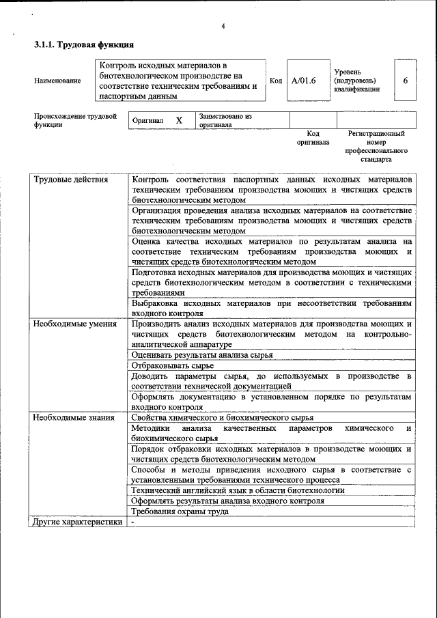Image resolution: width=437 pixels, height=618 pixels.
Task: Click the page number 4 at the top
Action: pos(223,27)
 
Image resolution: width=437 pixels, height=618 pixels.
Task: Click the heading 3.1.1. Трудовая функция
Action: pos(84,46)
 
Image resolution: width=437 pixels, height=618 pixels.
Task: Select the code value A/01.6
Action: pos(304,81)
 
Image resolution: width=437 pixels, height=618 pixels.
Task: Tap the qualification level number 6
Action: pos(405,81)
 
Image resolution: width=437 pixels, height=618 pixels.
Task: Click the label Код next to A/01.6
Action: pos(276,81)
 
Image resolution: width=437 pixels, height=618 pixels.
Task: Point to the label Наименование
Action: pos(57,81)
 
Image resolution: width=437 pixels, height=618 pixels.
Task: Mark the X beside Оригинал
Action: pos(179,120)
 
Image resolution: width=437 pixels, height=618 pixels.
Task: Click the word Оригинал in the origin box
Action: pos(148,121)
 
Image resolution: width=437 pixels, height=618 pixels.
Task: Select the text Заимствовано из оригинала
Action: pos(225,121)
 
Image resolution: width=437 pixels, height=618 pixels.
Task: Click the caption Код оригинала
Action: pos(313,138)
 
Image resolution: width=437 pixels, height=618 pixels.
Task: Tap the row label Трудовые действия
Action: pos(71,180)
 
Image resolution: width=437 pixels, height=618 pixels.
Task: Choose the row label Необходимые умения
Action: pos(75,324)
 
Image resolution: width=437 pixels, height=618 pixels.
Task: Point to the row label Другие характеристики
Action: pos(78,522)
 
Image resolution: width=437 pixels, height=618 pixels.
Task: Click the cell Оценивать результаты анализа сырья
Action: pos(202,355)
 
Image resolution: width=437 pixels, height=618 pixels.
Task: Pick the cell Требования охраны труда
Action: pos(180,511)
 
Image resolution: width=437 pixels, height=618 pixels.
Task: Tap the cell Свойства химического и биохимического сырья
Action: pos(223,418)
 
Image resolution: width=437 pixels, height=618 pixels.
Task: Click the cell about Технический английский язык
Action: pos(238,490)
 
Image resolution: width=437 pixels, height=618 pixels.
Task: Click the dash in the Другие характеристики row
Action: pos(134,522)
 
